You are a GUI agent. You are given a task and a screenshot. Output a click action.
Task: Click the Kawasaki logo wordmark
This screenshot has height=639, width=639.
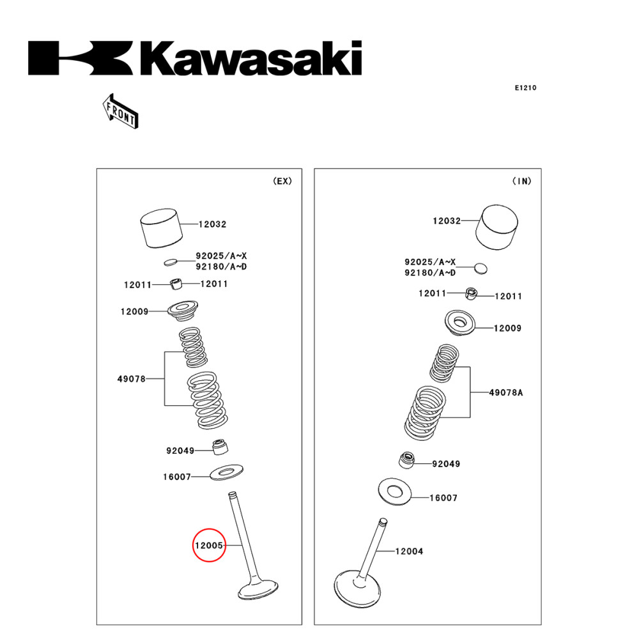coord(195,59)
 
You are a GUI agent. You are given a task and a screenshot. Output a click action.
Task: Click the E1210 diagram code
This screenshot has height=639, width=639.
coord(525,88)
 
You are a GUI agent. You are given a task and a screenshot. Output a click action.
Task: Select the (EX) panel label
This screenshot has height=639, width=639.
coord(282,181)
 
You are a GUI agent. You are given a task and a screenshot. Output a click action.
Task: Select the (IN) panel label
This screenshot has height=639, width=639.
coord(521,181)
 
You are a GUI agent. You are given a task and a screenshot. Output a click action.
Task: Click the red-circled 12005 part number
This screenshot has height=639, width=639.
coord(209,546)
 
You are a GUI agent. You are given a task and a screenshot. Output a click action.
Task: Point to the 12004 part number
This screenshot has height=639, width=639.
coord(409,551)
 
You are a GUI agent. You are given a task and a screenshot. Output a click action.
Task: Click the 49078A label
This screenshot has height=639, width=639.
coord(506,392)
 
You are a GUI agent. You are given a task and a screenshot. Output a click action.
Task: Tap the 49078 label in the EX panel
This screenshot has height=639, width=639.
coord(131,379)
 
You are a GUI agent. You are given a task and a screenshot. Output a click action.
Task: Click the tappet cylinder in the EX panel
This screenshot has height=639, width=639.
coord(159,228)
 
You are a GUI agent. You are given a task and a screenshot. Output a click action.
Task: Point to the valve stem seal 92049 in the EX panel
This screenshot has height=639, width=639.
coord(220,447)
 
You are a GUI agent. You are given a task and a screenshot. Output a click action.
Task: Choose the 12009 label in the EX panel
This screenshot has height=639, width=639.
coord(134,312)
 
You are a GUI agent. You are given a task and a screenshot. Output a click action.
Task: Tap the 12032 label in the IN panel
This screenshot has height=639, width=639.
coord(447,221)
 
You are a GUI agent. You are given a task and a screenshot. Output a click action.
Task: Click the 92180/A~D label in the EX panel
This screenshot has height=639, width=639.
coord(221,266)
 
